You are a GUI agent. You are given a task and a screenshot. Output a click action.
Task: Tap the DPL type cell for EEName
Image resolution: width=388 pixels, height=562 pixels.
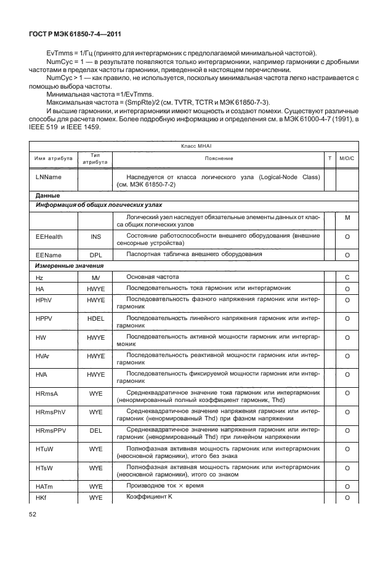(95, 254)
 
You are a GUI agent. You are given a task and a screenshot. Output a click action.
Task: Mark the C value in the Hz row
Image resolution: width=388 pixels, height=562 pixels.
(347, 278)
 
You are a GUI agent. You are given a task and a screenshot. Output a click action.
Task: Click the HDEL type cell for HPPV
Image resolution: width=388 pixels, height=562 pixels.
(95, 318)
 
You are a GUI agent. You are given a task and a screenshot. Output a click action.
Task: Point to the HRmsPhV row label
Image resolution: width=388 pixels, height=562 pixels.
(51, 411)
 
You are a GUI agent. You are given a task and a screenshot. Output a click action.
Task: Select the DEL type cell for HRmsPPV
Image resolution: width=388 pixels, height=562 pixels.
(95, 430)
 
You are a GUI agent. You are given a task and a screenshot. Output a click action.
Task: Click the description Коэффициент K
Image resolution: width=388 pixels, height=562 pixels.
(149, 496)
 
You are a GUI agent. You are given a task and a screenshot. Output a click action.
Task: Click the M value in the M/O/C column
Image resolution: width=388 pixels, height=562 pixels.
(347, 218)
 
